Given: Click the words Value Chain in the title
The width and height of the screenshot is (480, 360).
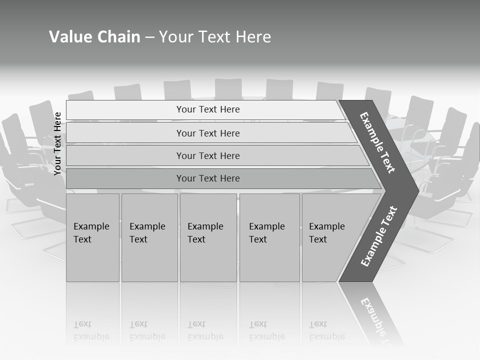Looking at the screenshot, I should point(94,37).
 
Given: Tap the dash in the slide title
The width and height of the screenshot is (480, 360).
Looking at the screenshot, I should point(149,37).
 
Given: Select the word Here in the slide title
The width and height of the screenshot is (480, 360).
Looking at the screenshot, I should point(253,37).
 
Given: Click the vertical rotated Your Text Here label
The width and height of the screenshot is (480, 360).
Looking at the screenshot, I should point(57,143).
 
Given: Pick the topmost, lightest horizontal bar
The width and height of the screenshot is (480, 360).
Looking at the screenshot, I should point(125,110).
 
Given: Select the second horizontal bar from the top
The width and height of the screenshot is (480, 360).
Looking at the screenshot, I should point(125,133).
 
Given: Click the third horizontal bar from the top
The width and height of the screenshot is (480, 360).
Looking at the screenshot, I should point(125,155).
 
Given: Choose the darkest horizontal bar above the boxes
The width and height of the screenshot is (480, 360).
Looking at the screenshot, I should point(125,178).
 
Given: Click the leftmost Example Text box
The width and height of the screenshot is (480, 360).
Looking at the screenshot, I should point(92,237).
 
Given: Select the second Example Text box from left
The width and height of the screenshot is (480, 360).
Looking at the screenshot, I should point(149,237).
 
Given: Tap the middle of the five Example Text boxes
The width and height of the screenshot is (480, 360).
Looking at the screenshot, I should point(208,237).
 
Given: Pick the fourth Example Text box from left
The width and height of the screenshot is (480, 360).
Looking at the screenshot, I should point(269,237).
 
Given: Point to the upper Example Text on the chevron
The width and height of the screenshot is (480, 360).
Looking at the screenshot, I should point(377,142).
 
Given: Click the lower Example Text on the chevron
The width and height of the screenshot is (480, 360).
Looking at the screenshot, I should point(378,236).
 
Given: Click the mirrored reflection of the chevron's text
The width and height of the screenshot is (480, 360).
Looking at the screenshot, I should point(377,320).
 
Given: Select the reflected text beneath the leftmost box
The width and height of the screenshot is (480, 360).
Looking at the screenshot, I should point(91,330).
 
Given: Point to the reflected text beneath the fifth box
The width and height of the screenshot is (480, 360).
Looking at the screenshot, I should point(326,330).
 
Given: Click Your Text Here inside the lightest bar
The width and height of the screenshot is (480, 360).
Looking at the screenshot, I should point(208,109).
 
